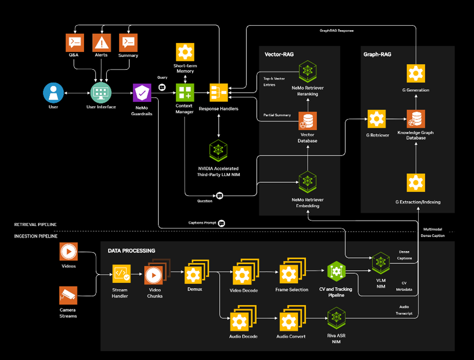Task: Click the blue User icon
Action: [x=53, y=93]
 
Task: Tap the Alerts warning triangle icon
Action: [x=101, y=42]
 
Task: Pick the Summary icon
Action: [x=128, y=42]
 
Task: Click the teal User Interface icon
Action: [x=101, y=93]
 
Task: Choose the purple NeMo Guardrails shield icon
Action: [x=142, y=93]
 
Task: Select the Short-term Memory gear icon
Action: [x=185, y=52]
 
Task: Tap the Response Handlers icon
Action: [x=218, y=93]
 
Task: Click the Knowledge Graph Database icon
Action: [x=416, y=119]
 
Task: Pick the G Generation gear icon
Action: [x=416, y=74]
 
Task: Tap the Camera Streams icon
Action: [x=68, y=296]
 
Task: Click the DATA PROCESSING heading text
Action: [x=131, y=251]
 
